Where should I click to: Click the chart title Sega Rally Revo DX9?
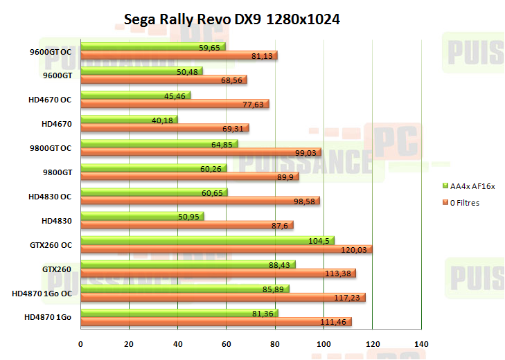pos(231,18)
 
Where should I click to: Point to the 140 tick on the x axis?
pos(421,344)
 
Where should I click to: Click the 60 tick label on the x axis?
pos(227,344)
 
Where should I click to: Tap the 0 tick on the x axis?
pos(81,344)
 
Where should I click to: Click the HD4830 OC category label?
pos(50,197)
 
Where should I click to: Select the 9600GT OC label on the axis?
pos(51,51)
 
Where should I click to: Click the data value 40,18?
pos(162,120)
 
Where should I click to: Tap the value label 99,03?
pos(305,152)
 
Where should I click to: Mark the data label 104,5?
pos(318,240)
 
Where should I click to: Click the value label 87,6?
pos(279,225)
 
